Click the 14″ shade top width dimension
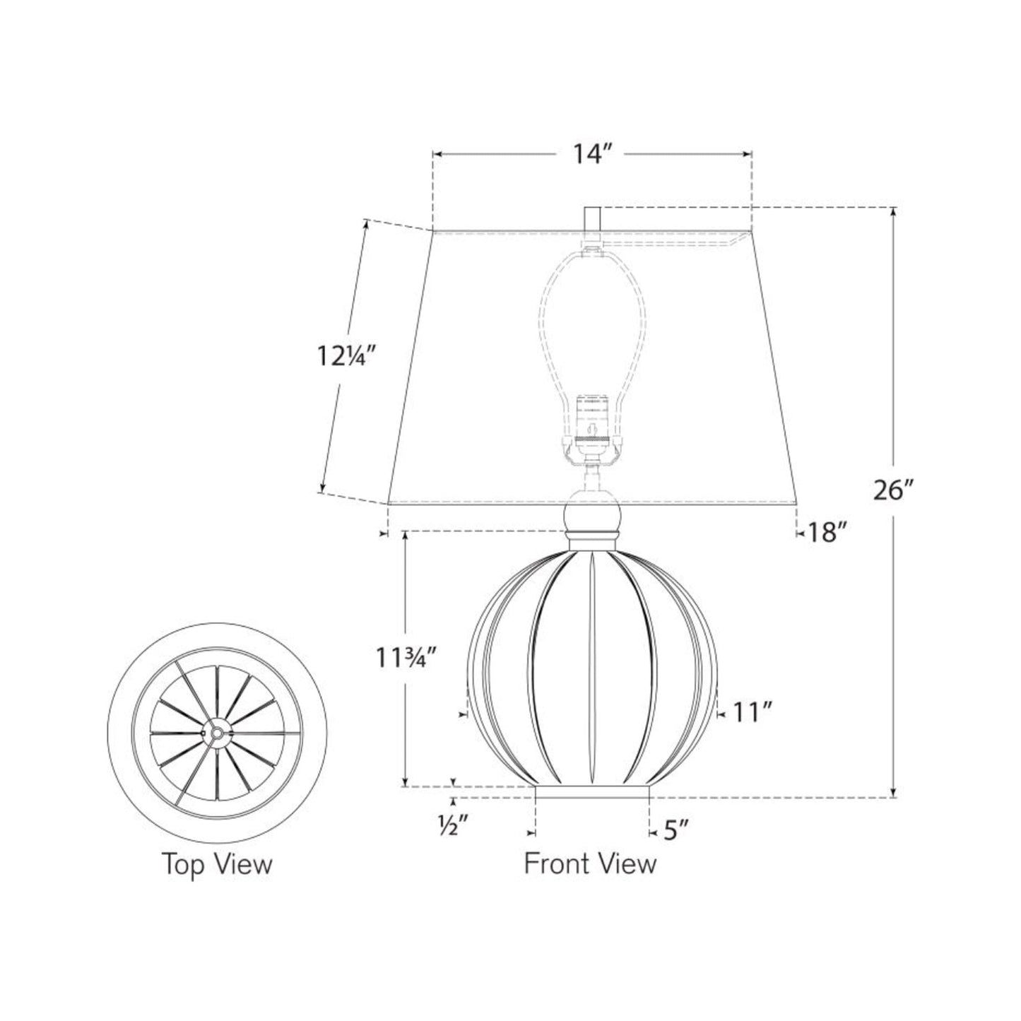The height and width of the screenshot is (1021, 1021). [x=591, y=154]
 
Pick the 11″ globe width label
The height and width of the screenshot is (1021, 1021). [x=748, y=714]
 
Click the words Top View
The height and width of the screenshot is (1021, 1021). [x=218, y=863]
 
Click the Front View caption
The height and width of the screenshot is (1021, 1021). [x=590, y=863]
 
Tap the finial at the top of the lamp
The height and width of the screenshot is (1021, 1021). [x=592, y=218]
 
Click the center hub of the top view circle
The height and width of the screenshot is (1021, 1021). [x=217, y=733]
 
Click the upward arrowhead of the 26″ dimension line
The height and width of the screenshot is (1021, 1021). [x=894, y=212]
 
